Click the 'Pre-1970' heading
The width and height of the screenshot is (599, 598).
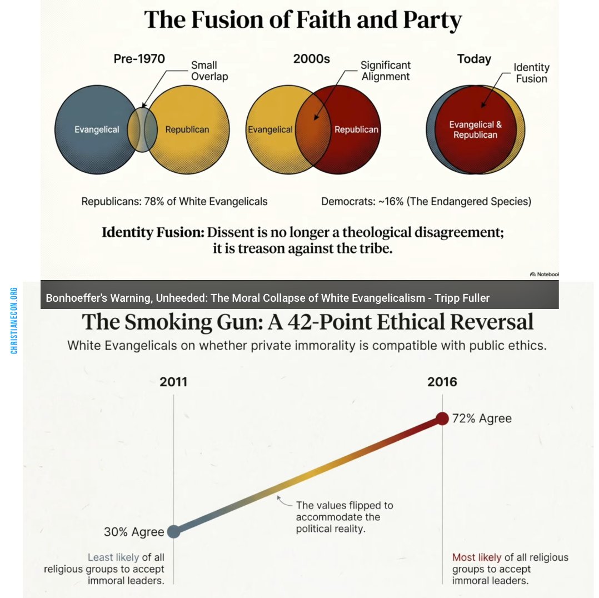[139, 59]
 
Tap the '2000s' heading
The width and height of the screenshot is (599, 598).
[311, 59]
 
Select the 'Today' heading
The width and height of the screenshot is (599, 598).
[474, 59]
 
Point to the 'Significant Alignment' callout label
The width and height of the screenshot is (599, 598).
[386, 71]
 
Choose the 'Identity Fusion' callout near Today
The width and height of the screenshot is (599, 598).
[531, 73]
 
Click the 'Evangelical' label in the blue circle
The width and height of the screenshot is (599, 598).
[97, 129]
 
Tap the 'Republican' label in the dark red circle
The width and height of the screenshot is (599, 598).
[356, 129]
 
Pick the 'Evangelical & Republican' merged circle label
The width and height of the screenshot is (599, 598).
[475, 129]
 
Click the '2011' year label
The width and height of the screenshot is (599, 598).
[173, 382]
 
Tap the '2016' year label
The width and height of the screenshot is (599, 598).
[442, 382]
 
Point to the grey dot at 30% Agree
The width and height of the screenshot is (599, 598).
[173, 531]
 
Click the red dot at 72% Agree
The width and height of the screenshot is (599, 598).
[442, 418]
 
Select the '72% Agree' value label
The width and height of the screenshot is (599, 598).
[481, 418]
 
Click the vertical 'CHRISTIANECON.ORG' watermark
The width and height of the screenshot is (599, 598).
[14, 320]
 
